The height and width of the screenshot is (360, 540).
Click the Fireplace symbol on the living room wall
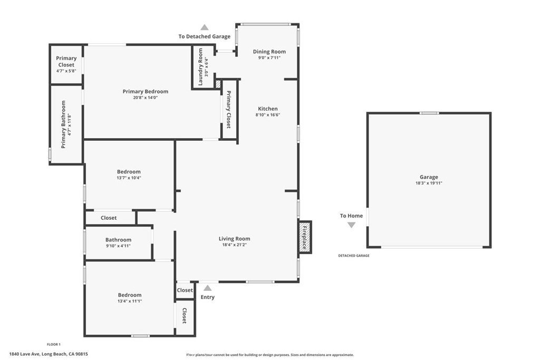pyautogui.click(x=305, y=237)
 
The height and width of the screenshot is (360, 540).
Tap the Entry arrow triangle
pyautogui.click(x=207, y=288)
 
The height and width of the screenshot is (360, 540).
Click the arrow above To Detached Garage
pyautogui.click(x=205, y=27)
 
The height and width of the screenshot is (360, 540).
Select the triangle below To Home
pyautogui.click(x=351, y=225)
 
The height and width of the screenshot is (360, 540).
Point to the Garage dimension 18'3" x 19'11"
pyautogui.click(x=429, y=183)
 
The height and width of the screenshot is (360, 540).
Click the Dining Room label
pyautogui.click(x=269, y=52)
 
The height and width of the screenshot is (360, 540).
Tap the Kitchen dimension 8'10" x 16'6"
pyautogui.click(x=267, y=115)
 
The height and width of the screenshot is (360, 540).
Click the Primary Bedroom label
pyautogui.click(x=146, y=92)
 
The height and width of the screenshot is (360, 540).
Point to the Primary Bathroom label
pyautogui.click(x=63, y=124)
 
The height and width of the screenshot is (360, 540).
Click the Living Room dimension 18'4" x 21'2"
pyautogui.click(x=235, y=245)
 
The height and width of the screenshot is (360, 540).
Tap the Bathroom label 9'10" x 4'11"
pyautogui.click(x=118, y=242)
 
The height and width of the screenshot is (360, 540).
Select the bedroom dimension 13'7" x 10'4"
pyautogui.click(x=129, y=178)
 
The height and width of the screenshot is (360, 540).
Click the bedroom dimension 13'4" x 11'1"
pyautogui.click(x=130, y=301)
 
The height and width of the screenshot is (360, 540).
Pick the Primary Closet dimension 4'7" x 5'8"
pyautogui.click(x=66, y=71)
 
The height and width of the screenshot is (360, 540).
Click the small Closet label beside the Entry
pyautogui.click(x=185, y=290)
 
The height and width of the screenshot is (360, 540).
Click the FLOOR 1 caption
pyautogui.click(x=54, y=344)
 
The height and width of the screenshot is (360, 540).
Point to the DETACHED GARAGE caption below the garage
pyautogui.click(x=354, y=256)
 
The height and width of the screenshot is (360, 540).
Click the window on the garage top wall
pyautogui.click(x=429, y=113)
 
